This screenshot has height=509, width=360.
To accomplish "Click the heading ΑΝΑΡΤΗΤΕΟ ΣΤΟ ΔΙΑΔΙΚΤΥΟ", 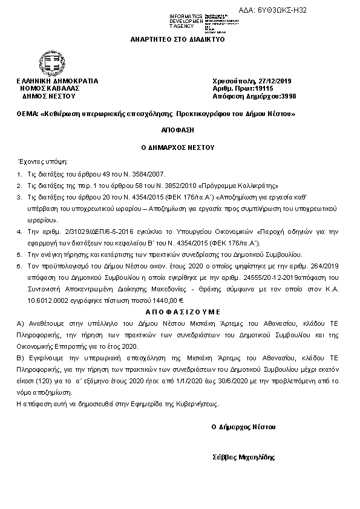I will (x=177, y=39).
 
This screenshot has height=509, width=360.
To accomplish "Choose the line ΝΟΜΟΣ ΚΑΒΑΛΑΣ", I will (x=50, y=88).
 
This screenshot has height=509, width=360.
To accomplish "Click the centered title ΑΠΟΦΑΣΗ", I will (x=177, y=130).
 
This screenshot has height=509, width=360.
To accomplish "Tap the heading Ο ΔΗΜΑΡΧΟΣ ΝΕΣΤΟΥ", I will (x=177, y=146).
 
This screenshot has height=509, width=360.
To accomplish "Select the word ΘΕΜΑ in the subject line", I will (x=27, y=114).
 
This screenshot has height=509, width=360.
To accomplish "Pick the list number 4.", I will (x=19, y=232).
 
